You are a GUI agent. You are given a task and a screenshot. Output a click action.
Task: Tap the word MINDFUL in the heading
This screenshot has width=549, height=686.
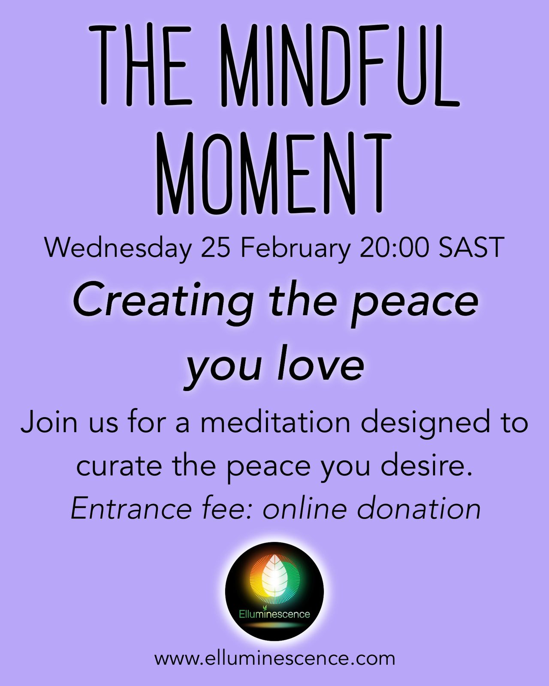340,65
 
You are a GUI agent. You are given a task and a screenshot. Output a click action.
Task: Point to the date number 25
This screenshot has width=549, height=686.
215,248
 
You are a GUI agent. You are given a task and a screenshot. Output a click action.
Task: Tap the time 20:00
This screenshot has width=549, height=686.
394,248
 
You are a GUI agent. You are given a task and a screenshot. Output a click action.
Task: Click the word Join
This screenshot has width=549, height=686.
49,422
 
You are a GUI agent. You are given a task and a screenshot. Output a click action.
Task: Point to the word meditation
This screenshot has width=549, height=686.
275,422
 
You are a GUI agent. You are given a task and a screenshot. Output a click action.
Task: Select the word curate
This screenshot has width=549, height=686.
119,466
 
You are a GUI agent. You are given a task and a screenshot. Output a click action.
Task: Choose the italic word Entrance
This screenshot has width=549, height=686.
131,509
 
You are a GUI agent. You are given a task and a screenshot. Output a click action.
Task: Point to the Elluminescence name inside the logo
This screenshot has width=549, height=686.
274,614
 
